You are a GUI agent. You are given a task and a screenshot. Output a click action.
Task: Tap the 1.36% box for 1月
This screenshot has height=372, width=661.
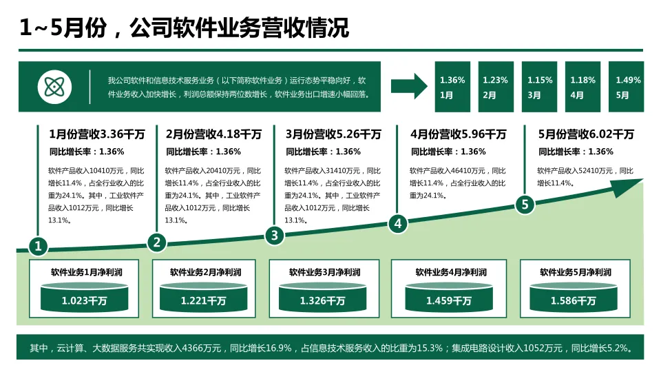(x=452, y=87)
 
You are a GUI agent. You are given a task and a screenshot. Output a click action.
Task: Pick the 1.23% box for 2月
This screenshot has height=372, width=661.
(x=496, y=87)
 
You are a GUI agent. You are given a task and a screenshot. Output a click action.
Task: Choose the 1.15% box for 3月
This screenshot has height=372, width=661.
(x=540, y=87)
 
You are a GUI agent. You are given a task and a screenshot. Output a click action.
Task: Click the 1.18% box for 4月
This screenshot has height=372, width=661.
(x=583, y=87)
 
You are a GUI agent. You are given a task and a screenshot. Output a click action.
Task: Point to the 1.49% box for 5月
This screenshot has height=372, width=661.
(x=627, y=87)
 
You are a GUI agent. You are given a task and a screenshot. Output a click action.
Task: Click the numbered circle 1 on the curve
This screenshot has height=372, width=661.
(x=39, y=246)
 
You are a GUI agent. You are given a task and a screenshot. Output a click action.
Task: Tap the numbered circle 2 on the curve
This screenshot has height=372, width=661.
(x=157, y=242)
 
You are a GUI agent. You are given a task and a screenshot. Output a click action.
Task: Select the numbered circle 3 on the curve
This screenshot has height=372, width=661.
(x=275, y=236)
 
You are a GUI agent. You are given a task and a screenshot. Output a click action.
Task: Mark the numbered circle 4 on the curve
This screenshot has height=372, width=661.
(x=397, y=223)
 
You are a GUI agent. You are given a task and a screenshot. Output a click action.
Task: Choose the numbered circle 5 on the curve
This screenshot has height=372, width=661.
(x=525, y=204)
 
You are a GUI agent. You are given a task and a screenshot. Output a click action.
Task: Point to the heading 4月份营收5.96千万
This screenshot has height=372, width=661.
(x=458, y=134)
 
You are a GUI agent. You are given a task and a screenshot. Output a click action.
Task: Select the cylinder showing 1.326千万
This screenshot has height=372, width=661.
(x=322, y=297)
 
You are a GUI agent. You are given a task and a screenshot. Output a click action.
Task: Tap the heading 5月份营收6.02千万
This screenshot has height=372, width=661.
(x=586, y=134)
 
